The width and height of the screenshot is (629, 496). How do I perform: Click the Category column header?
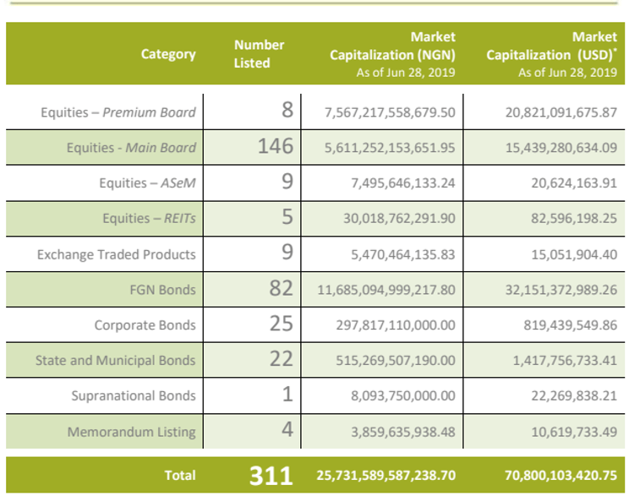point(168,54)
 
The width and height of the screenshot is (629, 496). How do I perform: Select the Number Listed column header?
point(259,54)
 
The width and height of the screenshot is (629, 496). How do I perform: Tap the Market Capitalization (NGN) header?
point(392,54)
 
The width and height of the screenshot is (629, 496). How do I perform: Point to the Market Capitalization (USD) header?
point(552,54)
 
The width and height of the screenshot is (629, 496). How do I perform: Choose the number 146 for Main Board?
point(276,147)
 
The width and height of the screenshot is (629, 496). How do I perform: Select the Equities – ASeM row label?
point(147,183)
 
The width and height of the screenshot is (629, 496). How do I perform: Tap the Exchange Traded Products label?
point(116,254)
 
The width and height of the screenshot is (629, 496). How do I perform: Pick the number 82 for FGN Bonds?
point(280,289)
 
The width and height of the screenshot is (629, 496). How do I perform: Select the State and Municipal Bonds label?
point(115,361)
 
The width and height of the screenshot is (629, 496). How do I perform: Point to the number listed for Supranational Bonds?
point(287,395)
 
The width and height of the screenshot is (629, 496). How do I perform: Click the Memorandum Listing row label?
point(131,432)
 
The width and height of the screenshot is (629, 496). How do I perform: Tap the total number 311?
point(271,476)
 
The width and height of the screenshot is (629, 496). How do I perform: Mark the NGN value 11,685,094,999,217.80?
point(386,290)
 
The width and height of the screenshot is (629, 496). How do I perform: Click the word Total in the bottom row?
point(180,476)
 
